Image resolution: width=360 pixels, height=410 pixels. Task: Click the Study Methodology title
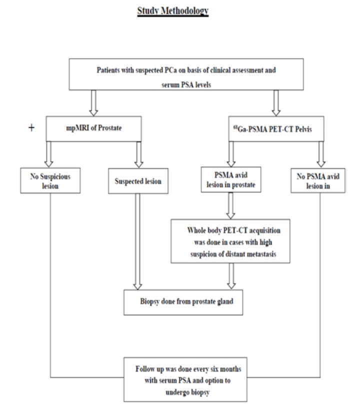coord(173,11)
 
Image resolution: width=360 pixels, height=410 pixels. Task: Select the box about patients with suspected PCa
coord(186,74)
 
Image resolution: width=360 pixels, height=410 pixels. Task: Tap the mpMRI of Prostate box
coord(93,128)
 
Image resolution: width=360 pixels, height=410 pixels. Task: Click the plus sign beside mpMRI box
coord(31,128)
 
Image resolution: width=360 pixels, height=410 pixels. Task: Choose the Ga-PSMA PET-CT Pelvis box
coord(276,128)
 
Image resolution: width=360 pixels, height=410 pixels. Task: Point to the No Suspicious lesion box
coord(50,180)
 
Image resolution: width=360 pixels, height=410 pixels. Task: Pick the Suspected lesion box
coord(138,181)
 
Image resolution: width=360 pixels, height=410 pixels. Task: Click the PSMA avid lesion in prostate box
coord(231,179)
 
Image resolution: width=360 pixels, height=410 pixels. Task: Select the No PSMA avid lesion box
coord(318,180)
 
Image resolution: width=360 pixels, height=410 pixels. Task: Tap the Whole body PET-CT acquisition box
coord(230,241)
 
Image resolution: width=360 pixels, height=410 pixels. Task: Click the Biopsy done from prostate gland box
coord(183,302)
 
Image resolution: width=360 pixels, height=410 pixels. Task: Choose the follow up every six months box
coord(185,379)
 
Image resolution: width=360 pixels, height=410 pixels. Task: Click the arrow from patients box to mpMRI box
coord(93,103)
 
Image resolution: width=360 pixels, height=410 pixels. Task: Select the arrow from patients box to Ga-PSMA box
coord(276,103)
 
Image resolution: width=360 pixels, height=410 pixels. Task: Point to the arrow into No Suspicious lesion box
coord(48,154)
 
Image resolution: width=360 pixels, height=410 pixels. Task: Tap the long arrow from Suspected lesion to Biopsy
coord(138,241)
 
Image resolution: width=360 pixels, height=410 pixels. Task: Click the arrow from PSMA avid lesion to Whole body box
coord(230,206)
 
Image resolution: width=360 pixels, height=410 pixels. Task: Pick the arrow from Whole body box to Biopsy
coord(231,276)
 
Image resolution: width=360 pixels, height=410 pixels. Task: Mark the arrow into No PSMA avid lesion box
coord(321,154)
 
